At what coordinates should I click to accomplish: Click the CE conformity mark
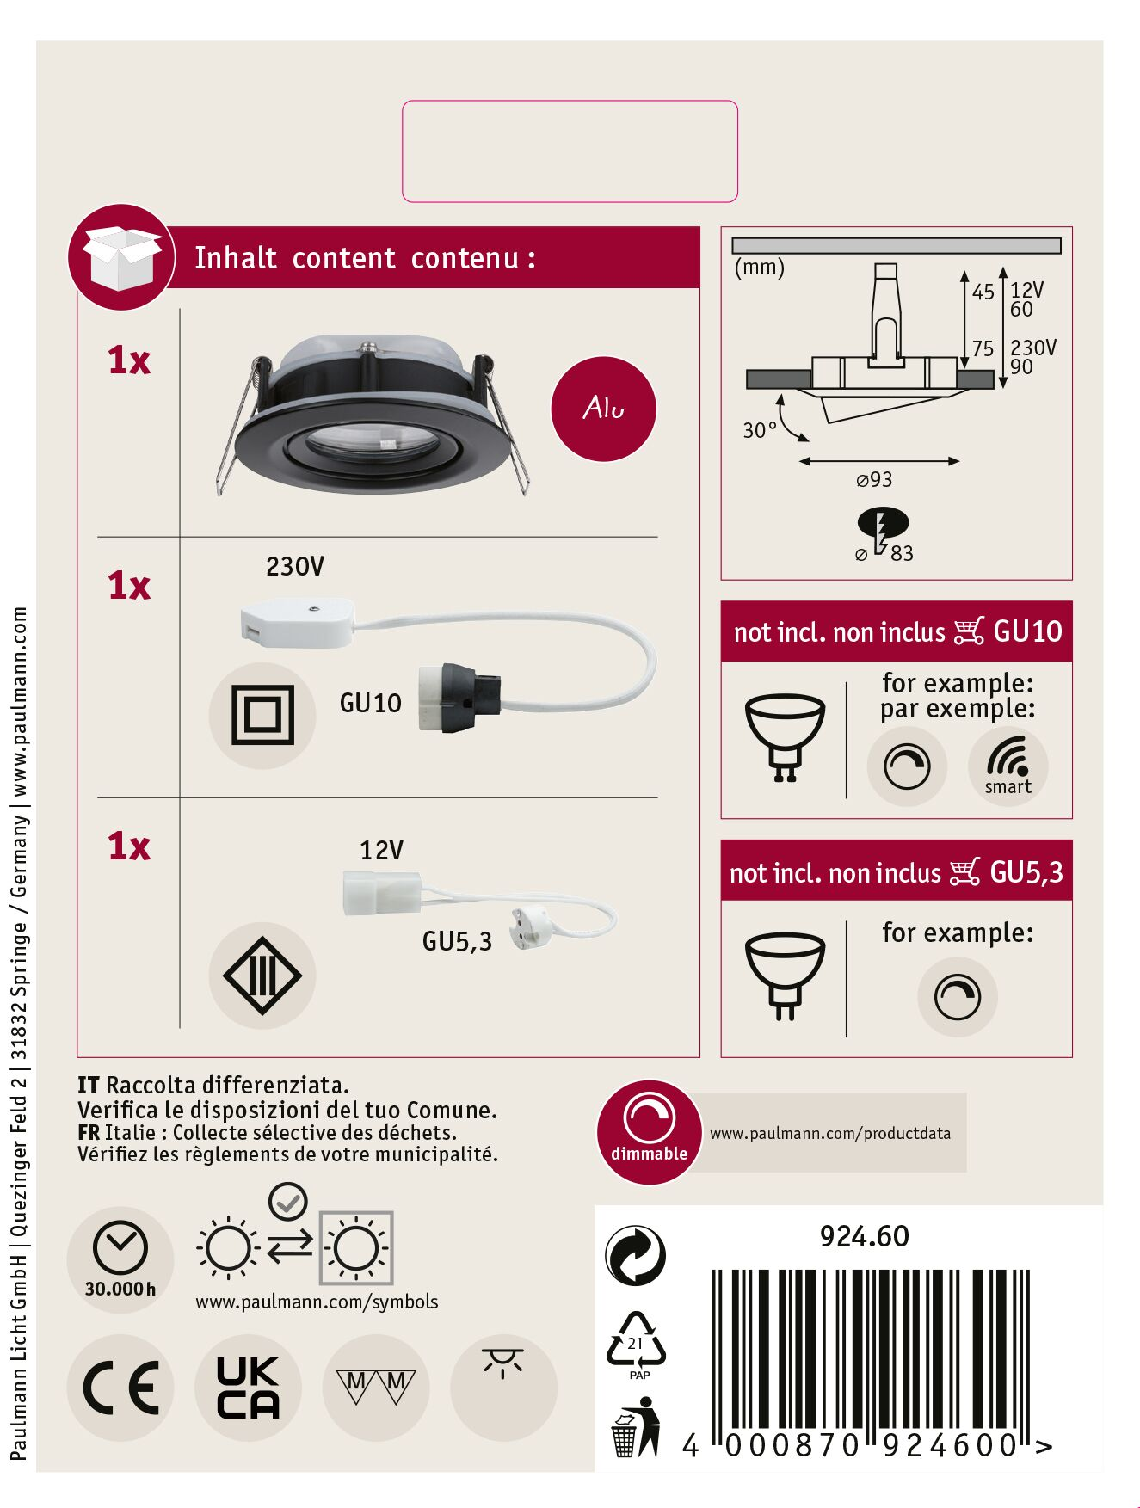[120, 1387]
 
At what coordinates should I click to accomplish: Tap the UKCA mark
[248, 1387]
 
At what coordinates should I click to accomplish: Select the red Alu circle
[603, 409]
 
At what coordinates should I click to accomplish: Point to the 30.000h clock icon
[120, 1258]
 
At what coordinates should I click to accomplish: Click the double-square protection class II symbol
[262, 715]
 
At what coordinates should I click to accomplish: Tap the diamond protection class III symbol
[262, 976]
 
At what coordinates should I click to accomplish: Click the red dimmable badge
[650, 1132]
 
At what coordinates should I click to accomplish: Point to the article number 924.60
[864, 1236]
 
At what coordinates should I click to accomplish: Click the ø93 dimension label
[874, 479]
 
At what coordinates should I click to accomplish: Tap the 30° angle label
[760, 429]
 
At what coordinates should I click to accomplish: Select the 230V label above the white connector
[295, 566]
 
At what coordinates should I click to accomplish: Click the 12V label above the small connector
[381, 850]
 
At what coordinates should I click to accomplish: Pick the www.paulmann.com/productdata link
[829, 1133]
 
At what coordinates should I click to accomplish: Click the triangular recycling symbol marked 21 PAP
[636, 1344]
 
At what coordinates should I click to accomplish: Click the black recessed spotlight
[370, 415]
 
